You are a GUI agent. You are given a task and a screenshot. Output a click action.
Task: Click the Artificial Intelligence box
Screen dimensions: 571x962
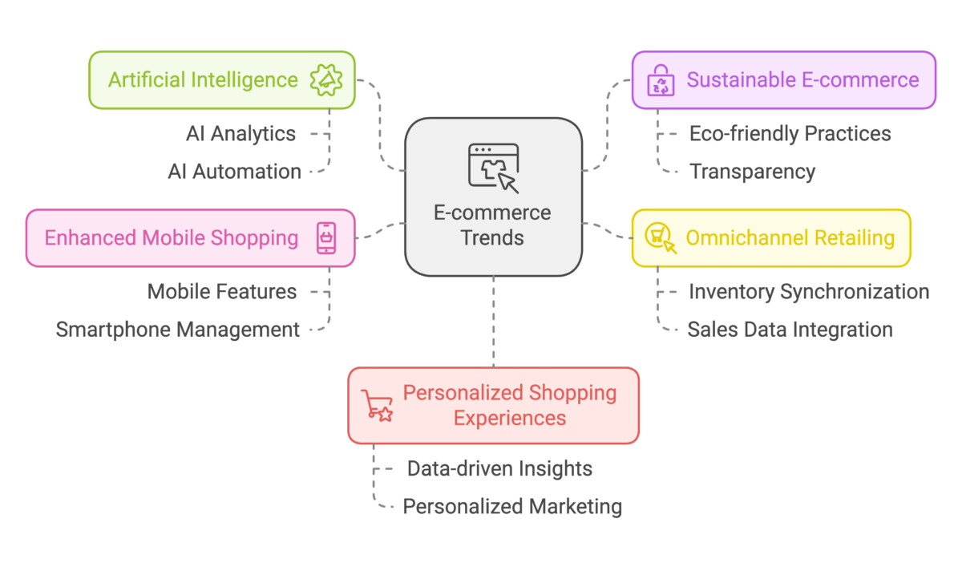pos(222,80)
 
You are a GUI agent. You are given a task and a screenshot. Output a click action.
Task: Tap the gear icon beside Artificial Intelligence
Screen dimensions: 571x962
pos(326,80)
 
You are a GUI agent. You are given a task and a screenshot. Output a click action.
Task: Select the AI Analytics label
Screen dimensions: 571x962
pos(241,134)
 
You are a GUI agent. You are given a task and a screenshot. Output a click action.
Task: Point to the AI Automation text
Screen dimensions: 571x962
pos(235,172)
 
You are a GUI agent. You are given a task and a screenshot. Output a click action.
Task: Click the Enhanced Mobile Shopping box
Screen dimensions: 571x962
pos(190,238)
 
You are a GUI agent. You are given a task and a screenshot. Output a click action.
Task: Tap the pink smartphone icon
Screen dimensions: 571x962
pos(326,238)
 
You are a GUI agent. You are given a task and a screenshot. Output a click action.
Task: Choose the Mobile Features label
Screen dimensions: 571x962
pos(222,291)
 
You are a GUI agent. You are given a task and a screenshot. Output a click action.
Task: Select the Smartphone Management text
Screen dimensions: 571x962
pos(178,330)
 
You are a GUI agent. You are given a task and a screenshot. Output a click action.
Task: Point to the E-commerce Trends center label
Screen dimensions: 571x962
pos(492,225)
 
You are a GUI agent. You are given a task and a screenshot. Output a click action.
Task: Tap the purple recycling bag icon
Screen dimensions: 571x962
pos(662,80)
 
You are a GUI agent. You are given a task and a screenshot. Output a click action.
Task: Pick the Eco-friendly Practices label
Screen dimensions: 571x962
pos(790,134)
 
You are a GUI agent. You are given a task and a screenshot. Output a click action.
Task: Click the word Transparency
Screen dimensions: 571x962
pos(752,172)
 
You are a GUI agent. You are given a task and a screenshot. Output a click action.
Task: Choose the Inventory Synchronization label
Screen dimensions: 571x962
pos(809,291)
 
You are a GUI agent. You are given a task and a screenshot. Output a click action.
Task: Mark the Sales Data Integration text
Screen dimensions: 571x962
pos(790,330)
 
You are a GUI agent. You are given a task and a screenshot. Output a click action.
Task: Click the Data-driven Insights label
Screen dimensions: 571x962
pos(499,468)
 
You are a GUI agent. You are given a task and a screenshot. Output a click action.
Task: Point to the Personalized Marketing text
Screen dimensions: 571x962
pos(512,507)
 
